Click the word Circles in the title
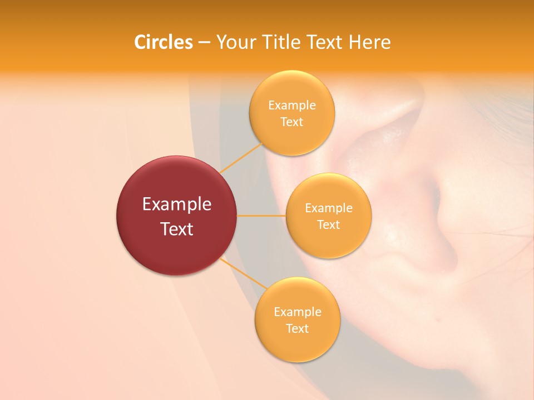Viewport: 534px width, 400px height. (x=163, y=42)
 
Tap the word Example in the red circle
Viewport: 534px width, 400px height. (x=176, y=204)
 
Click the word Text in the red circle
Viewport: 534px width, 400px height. (x=176, y=229)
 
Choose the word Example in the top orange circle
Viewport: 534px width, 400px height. (x=291, y=106)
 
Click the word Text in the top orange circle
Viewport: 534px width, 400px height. (x=291, y=122)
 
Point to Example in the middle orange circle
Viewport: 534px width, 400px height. (x=328, y=208)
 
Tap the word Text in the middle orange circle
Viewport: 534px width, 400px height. (x=328, y=225)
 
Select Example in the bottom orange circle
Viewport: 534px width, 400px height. (x=297, y=312)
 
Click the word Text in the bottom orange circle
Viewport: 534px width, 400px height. (x=297, y=329)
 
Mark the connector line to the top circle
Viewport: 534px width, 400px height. (x=240, y=158)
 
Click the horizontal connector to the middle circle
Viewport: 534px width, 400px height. (x=261, y=216)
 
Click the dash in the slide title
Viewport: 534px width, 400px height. (x=204, y=43)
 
